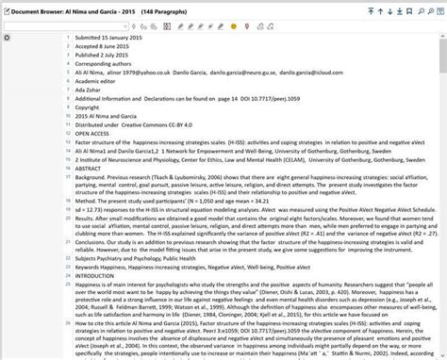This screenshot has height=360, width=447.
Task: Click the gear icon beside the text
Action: (7, 38)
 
